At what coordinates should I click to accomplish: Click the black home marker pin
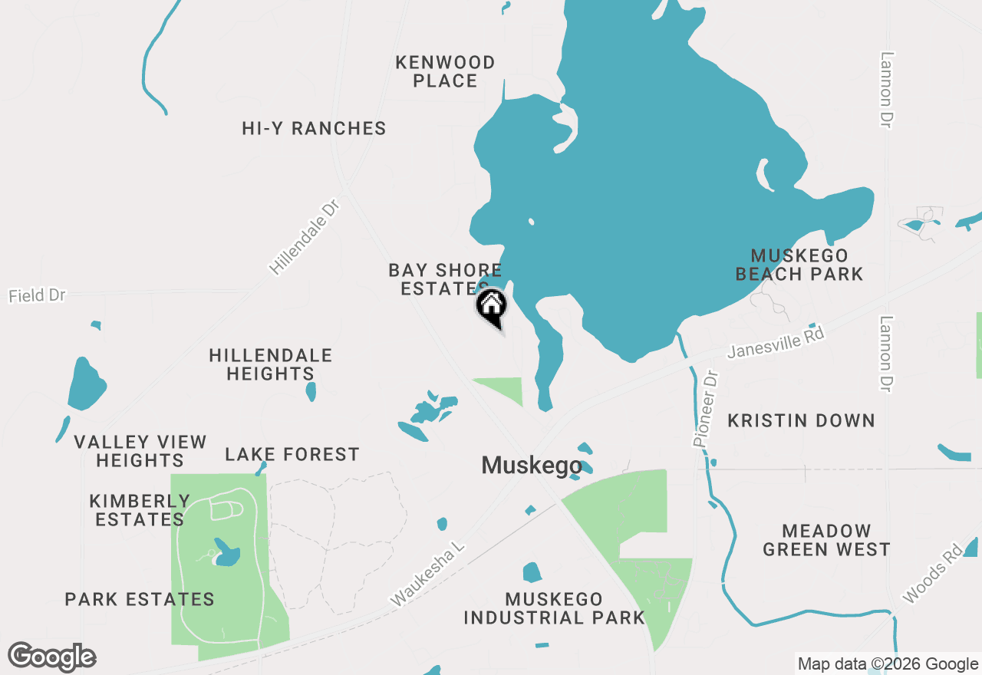point(492,308)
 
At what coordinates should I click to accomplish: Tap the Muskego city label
point(532,466)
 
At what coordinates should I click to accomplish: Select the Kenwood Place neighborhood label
point(445,71)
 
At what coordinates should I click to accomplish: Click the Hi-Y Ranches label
point(314,128)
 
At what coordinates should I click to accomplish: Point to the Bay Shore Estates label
point(445,279)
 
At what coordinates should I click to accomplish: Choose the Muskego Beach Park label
point(799,265)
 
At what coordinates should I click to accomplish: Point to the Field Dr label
point(37,295)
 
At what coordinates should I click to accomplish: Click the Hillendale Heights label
point(271,364)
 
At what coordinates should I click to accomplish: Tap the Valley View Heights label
point(140,451)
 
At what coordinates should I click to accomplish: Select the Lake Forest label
point(292,455)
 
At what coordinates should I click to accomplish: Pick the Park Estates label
point(140,599)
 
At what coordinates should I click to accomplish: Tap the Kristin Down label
point(801,420)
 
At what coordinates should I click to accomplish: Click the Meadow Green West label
point(826,540)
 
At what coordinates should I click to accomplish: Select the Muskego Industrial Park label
point(554,608)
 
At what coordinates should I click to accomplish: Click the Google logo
point(52,657)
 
